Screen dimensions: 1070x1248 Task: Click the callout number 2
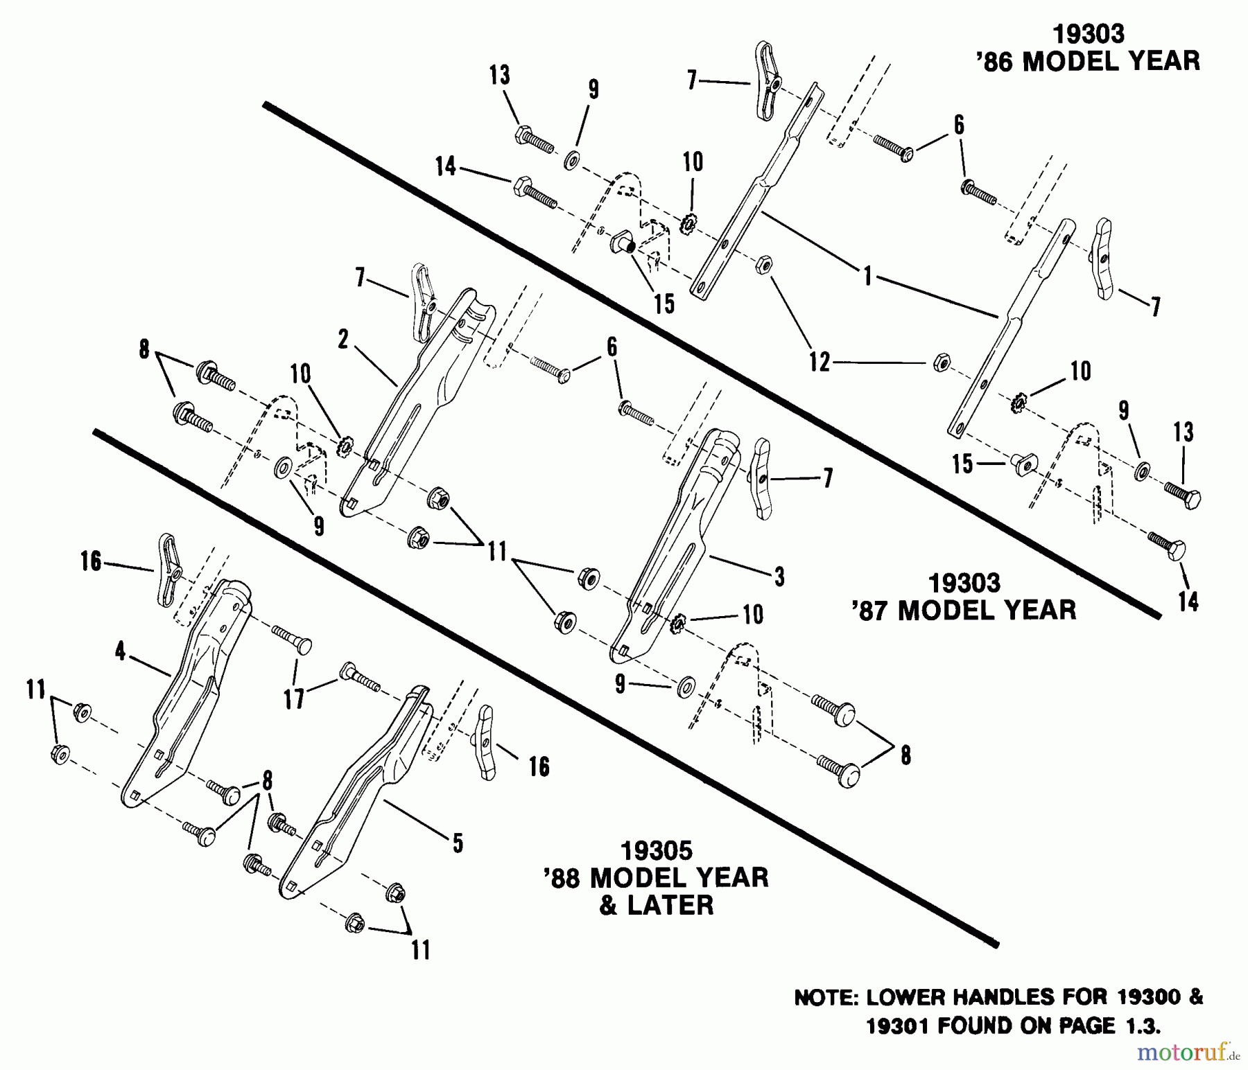click(x=343, y=339)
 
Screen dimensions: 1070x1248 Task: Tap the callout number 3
click(x=779, y=576)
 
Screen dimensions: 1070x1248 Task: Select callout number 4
click(x=121, y=651)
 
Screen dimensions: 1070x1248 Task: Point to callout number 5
click(x=458, y=843)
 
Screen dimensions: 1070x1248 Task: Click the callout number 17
click(x=295, y=698)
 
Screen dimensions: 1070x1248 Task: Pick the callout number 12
click(x=820, y=362)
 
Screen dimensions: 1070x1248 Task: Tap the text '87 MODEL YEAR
click(x=964, y=611)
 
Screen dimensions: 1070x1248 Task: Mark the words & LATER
click(x=656, y=906)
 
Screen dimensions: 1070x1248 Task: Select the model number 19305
click(x=657, y=850)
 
